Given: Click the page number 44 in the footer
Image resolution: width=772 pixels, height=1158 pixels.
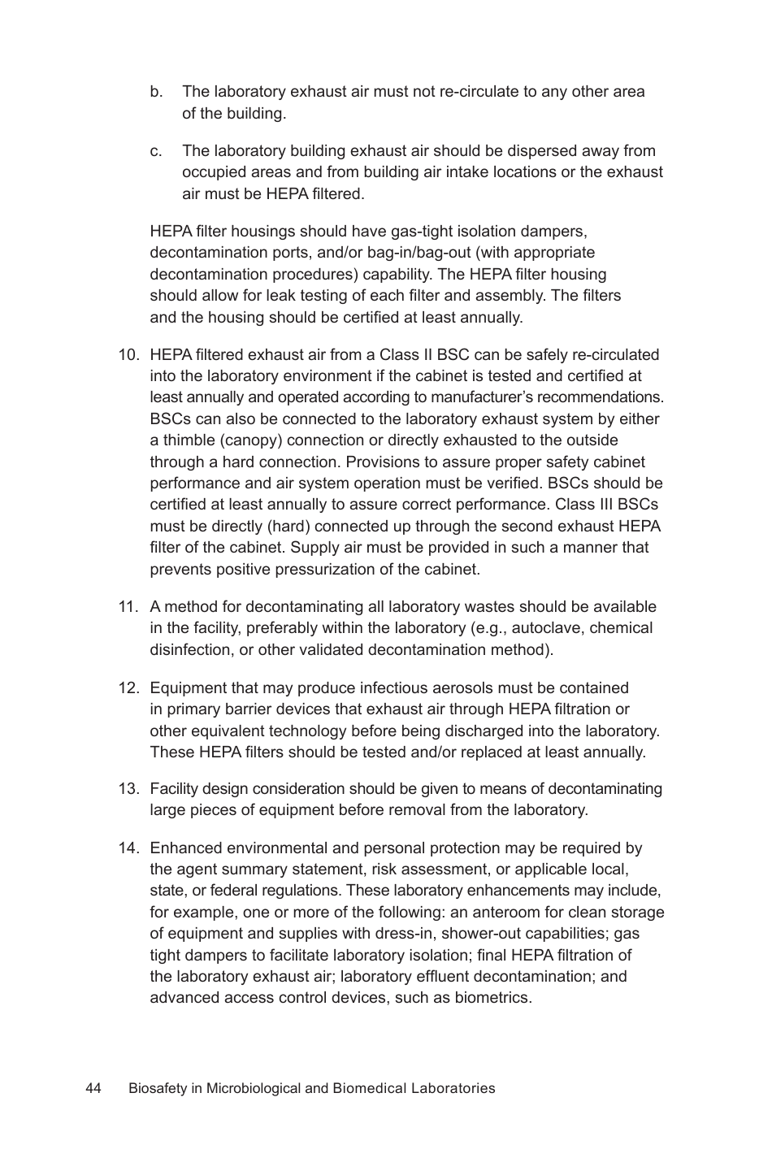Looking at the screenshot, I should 93,1088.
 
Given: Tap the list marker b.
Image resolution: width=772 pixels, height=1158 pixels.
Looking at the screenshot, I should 156,92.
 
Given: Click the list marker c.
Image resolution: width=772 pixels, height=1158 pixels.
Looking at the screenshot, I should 156,151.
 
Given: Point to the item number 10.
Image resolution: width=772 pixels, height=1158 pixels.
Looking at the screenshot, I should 129,355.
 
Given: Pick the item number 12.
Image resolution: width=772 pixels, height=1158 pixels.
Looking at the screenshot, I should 129,688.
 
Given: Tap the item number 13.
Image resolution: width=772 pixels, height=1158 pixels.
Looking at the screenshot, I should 129,789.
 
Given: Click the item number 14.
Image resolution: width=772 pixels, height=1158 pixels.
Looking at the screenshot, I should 129,848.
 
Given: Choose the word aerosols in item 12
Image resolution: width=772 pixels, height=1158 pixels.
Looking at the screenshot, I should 504,688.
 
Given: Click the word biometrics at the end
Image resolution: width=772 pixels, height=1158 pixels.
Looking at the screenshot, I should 491,998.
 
